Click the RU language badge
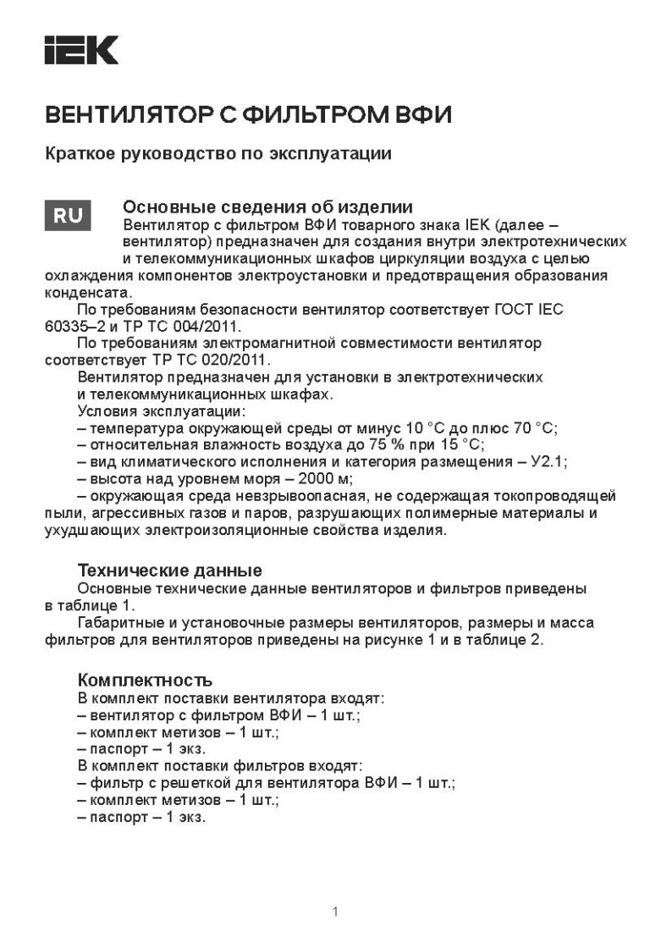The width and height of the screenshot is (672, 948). [68, 217]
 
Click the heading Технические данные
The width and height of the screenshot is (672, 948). [169, 570]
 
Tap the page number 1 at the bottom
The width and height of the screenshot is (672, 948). [336, 911]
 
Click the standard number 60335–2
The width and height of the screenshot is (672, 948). [74, 325]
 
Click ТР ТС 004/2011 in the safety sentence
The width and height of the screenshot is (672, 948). [194, 325]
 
